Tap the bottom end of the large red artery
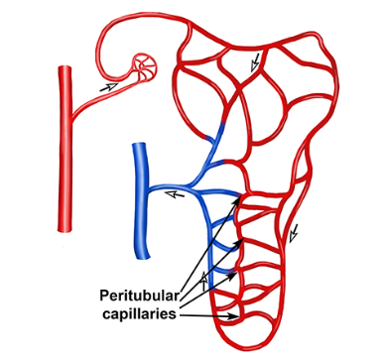tap(67, 231)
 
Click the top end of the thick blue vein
tap(139, 145)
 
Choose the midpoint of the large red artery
tap(65, 150)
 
